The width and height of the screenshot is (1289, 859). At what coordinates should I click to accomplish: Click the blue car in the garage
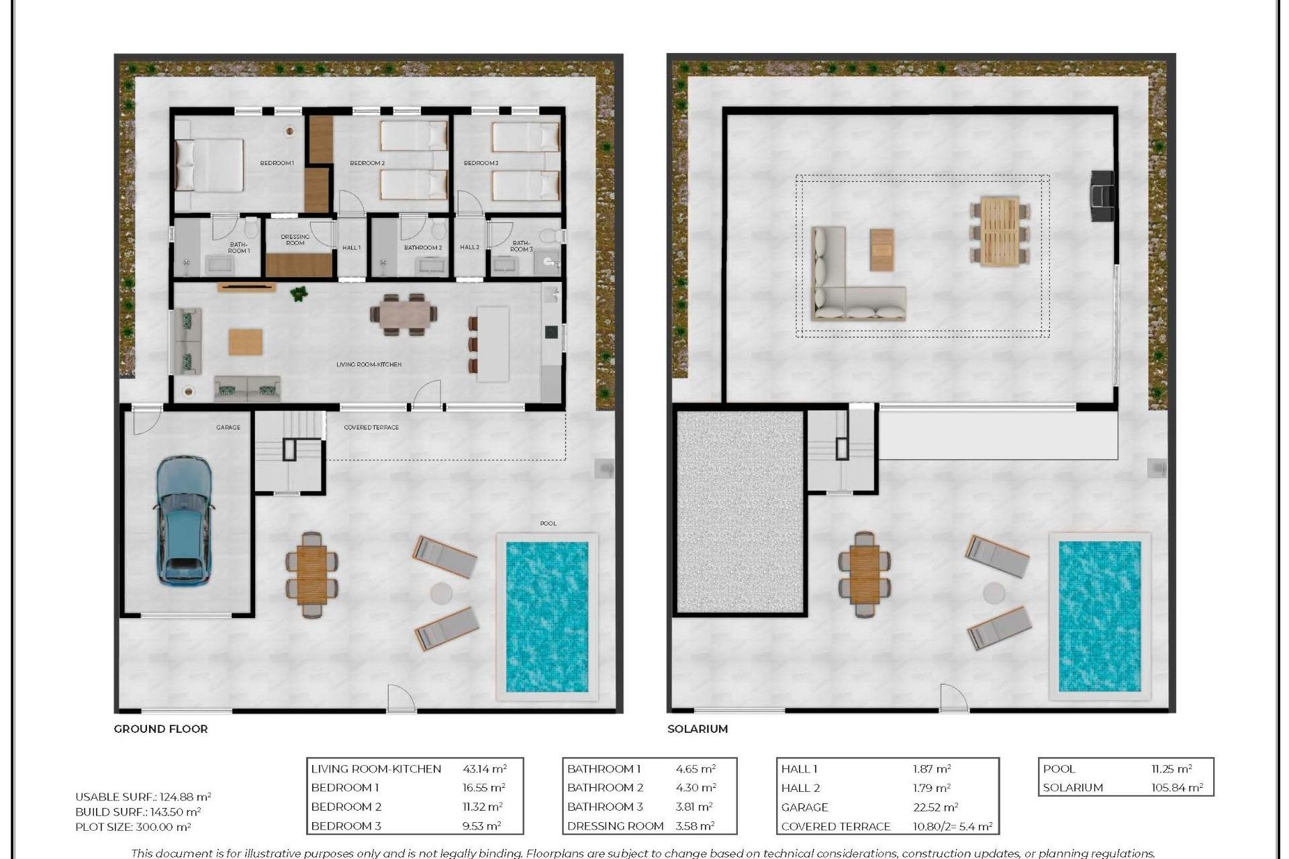(185, 520)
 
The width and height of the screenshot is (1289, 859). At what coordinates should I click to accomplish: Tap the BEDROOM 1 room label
(277, 163)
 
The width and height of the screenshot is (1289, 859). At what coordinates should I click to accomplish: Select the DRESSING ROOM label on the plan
(295, 240)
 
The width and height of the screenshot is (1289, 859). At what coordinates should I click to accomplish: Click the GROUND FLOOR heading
(160, 729)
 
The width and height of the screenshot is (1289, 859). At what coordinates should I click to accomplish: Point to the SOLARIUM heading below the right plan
(697, 729)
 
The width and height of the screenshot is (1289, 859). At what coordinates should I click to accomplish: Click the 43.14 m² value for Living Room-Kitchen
(484, 769)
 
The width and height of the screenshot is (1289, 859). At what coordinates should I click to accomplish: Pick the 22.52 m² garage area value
(935, 807)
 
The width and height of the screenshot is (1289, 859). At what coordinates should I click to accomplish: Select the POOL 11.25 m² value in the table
(1172, 769)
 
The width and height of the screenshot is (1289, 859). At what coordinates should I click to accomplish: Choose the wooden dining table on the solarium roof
(1000, 232)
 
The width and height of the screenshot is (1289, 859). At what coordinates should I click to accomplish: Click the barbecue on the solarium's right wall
(1102, 195)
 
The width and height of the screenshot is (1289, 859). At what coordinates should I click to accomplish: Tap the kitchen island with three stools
(493, 344)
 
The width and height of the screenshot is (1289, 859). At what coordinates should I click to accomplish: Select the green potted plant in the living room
(298, 293)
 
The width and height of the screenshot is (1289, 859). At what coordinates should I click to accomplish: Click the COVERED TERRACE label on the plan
(371, 427)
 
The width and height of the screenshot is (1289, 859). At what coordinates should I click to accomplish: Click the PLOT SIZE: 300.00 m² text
(133, 827)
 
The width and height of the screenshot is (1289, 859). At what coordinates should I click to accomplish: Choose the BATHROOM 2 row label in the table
(605, 788)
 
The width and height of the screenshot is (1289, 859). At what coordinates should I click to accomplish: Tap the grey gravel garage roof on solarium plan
(739, 512)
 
